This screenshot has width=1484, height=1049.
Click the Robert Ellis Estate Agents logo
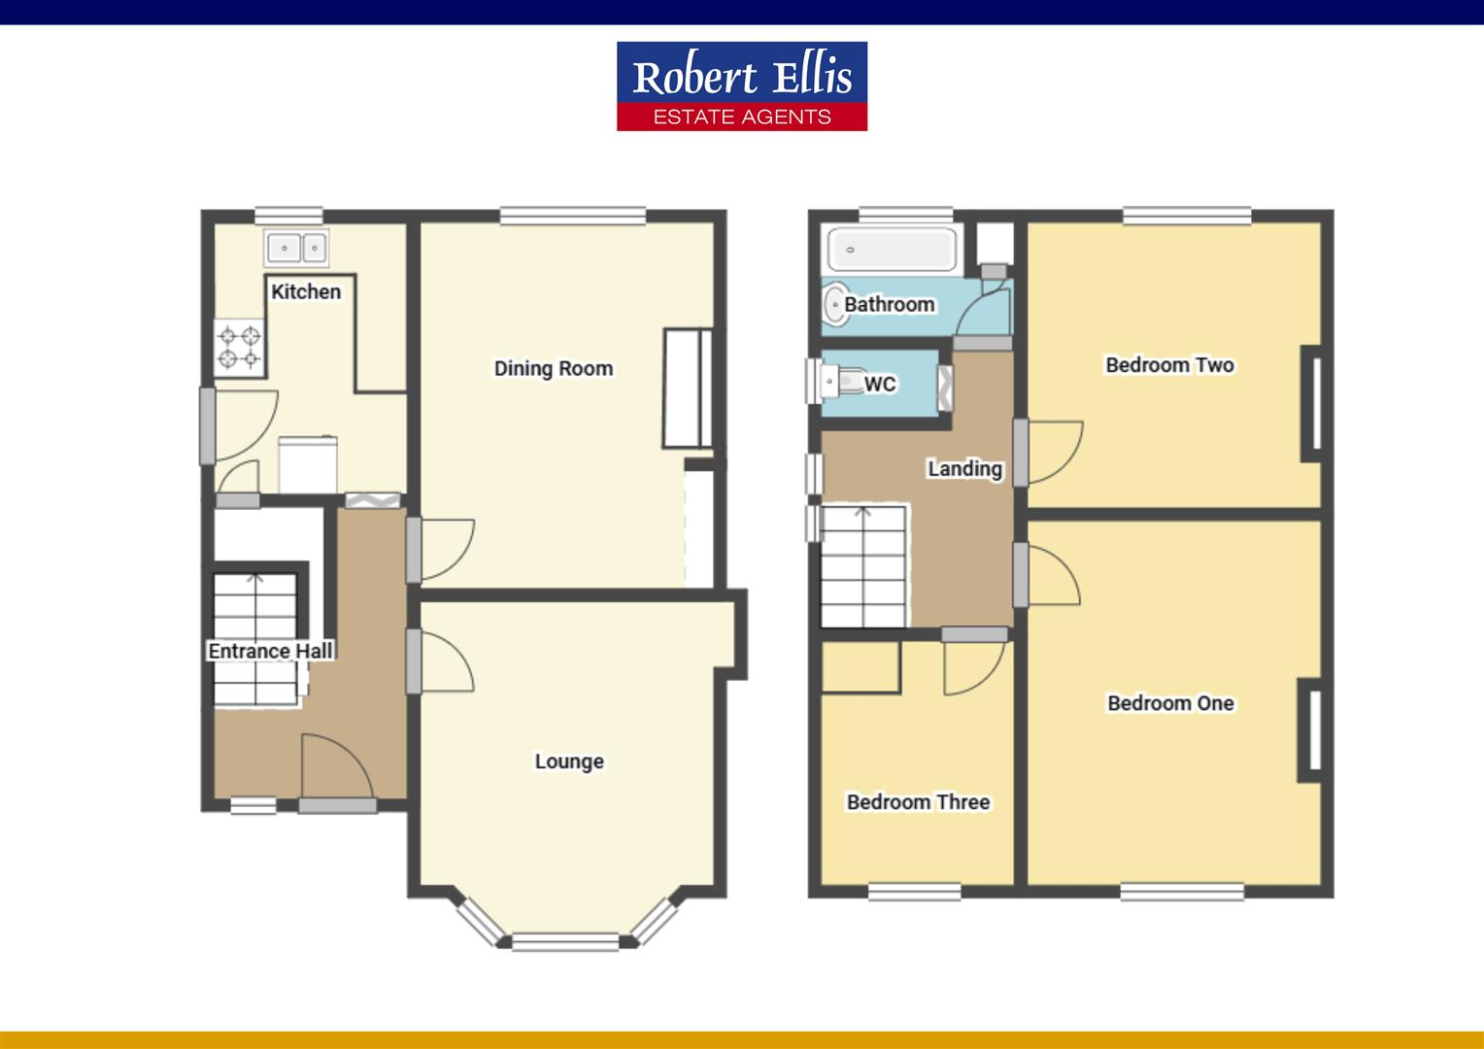742,85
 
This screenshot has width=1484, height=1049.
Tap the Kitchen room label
306,291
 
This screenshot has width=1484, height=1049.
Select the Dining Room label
554,368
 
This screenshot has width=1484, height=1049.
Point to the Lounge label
569,761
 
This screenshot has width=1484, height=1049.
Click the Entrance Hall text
271,651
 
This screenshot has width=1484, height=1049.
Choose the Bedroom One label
1170,702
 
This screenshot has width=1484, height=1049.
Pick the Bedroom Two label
1169,365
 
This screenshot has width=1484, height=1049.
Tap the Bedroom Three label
918,801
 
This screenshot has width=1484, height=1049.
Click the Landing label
964,468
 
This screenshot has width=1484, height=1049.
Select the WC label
880,384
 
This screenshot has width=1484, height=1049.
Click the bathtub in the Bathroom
890,249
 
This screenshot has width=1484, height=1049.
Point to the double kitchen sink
296,248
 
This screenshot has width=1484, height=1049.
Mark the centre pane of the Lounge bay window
565,940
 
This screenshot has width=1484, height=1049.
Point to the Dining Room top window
573,216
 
